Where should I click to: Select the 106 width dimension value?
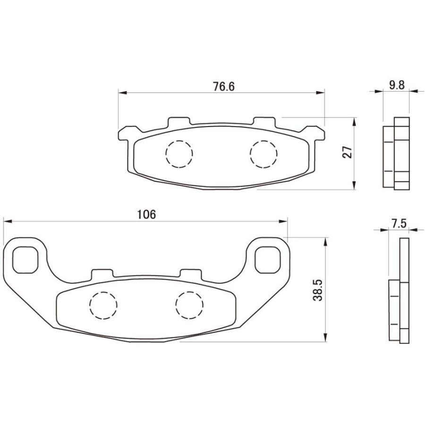146,214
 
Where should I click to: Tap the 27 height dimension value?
348,153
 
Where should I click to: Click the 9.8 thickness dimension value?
397,85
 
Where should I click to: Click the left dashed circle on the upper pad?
179,154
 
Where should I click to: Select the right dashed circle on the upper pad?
263,154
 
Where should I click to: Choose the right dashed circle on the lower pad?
189,304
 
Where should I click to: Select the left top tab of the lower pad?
102,273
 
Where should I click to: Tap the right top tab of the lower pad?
191,273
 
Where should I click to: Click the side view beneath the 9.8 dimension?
396,153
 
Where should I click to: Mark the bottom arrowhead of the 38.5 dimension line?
324,338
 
